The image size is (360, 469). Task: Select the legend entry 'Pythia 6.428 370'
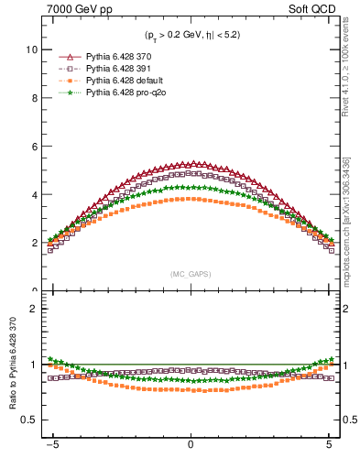click(x=117, y=57)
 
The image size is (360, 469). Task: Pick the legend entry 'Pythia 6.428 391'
click(x=117, y=69)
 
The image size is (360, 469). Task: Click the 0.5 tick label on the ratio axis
click(x=28, y=420)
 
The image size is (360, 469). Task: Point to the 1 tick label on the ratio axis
click(x=33, y=365)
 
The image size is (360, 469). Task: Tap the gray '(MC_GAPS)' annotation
click(x=190, y=274)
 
